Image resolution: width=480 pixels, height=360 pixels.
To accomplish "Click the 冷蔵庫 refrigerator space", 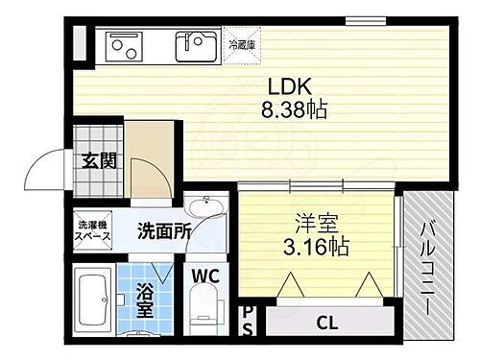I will coord(241,44).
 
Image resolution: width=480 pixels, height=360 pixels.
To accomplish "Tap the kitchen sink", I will coord(197,44).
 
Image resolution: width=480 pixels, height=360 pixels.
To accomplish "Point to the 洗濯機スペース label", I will coord(93,230).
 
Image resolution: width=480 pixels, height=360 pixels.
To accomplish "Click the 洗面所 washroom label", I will coord(163,230).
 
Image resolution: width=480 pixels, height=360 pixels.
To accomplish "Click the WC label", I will coord(207,276).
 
